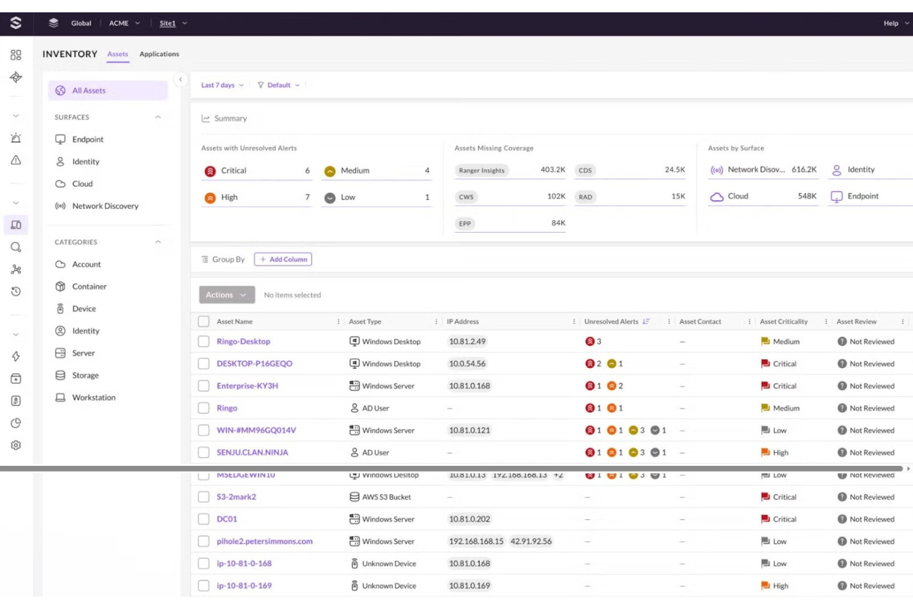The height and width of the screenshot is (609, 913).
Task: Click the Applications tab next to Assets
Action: (x=159, y=54)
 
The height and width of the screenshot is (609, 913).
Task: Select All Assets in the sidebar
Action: (x=89, y=91)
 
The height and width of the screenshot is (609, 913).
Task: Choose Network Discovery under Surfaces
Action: (x=105, y=206)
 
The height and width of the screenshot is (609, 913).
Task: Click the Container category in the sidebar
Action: (x=89, y=287)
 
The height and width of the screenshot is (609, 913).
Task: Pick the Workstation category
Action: (x=93, y=398)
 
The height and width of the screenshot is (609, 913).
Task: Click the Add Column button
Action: (x=283, y=260)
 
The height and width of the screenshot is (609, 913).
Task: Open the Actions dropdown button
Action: (x=226, y=295)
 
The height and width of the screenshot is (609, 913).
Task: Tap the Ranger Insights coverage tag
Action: (x=481, y=171)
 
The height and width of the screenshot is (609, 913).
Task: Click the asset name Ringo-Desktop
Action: (x=243, y=342)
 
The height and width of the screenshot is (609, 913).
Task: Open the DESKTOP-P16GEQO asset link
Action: (x=254, y=364)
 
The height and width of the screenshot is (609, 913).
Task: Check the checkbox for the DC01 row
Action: (x=204, y=520)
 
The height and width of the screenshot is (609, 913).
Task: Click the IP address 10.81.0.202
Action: (x=469, y=520)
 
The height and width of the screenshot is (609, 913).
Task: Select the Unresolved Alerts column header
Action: (x=611, y=321)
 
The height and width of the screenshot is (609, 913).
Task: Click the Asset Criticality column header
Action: (x=783, y=321)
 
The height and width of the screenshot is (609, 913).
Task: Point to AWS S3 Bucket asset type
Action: (x=386, y=497)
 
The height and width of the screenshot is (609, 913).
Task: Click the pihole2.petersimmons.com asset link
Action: (x=264, y=542)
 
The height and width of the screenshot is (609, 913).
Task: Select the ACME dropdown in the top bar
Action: (x=124, y=23)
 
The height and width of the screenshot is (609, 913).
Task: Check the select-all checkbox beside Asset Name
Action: (x=204, y=321)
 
